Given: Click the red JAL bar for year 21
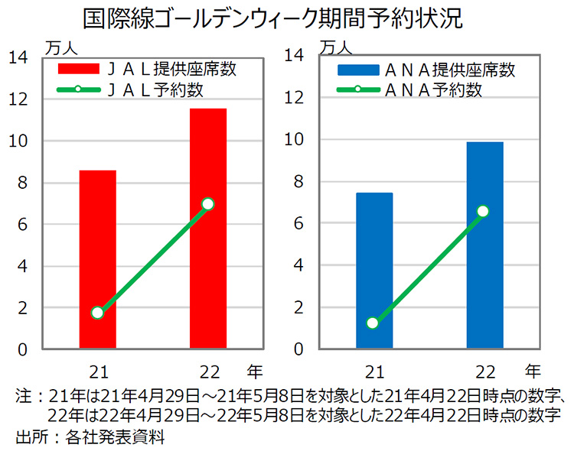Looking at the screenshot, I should point(97,260).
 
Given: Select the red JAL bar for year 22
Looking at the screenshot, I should point(208,229).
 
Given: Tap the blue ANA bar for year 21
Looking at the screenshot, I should point(374,271).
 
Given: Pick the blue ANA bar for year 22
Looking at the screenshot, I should point(485,245).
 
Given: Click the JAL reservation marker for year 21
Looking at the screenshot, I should point(97,313).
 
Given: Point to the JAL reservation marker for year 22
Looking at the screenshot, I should point(207,204).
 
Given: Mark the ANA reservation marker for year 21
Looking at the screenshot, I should point(373,323).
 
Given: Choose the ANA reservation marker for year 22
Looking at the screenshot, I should point(483,211).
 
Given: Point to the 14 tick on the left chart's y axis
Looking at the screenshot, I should point(18,57).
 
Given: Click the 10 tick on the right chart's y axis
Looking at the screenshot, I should point(294,140).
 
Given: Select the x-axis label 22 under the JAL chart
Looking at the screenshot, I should point(207,372).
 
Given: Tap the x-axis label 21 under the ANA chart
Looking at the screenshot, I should point(373,372).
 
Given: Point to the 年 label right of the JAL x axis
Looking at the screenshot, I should point(255,372).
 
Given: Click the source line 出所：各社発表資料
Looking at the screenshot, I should point(90,438).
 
